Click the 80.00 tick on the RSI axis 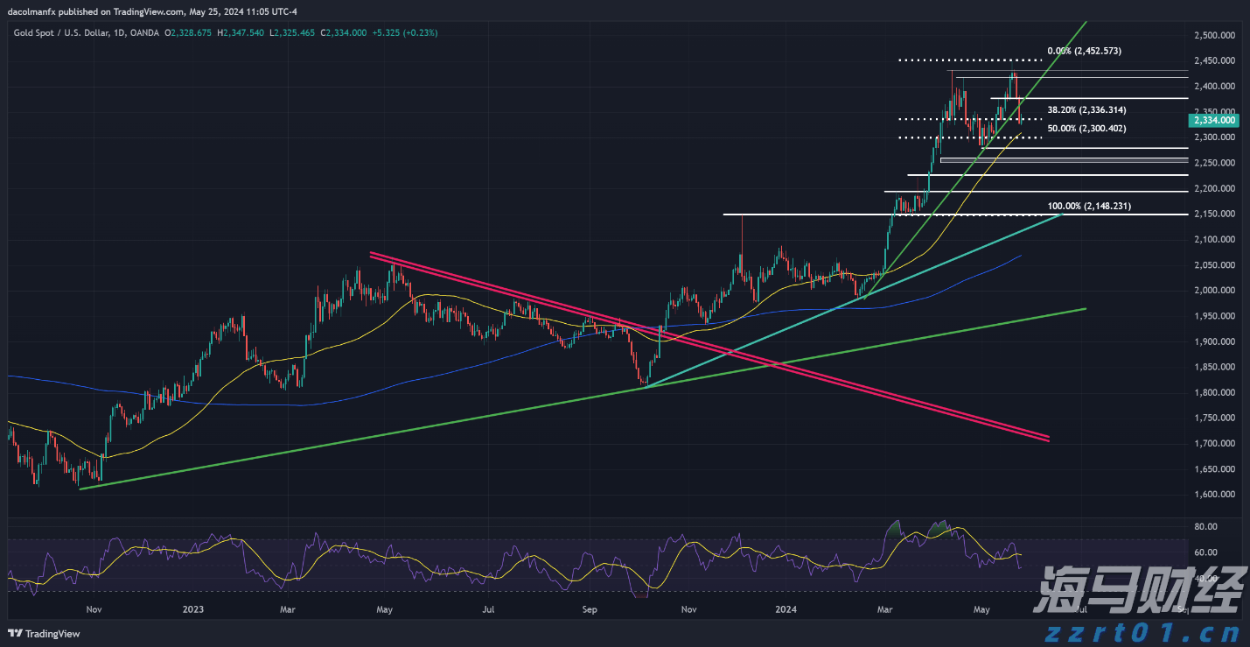pyautogui.click(x=1206, y=526)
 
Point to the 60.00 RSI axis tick pyautogui.click(x=1206, y=552)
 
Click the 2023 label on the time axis pyautogui.click(x=193, y=609)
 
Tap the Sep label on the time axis pyautogui.click(x=589, y=609)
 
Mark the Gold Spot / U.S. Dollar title pyautogui.click(x=61, y=32)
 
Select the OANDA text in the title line pyautogui.click(x=146, y=32)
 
